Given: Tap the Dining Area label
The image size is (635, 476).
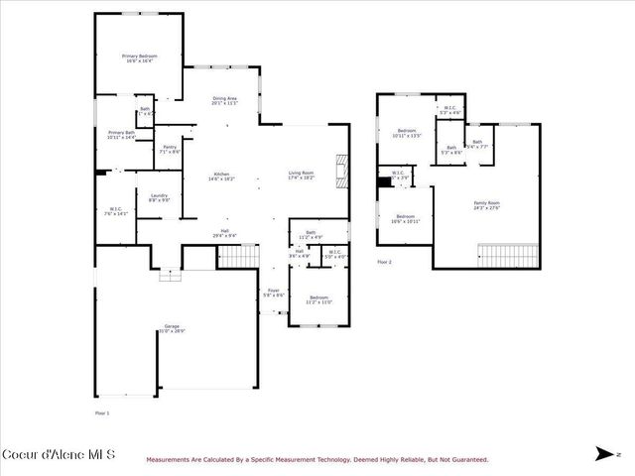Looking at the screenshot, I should tap(225, 100).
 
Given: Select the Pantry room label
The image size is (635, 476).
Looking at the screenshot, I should tap(170, 150).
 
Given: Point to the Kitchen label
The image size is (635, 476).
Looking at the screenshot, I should tap(221, 177).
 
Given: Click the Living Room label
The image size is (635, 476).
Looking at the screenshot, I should tap(302, 177).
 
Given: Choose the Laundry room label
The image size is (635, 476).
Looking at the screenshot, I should tap(159, 197).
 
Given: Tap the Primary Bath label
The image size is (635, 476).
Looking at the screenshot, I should tap(122, 135).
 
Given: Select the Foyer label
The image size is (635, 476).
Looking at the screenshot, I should tap(274, 294).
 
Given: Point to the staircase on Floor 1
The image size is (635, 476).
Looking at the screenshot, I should tap(237, 257).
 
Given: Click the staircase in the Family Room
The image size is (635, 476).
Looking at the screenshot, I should tap(509, 255).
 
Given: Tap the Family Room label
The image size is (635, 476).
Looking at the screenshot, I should tap(486, 204).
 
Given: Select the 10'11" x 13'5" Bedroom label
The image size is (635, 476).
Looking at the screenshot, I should tap(408, 133).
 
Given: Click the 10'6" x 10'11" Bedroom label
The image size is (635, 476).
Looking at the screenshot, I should tap(406, 218).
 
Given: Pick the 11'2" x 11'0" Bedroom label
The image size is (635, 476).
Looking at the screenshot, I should tap(318, 300).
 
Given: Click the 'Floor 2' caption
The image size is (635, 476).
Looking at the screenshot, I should tap(385, 262).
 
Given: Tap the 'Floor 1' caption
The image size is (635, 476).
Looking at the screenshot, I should tap(102, 413).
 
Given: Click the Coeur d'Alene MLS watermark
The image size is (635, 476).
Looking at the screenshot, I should tap(59, 455).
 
